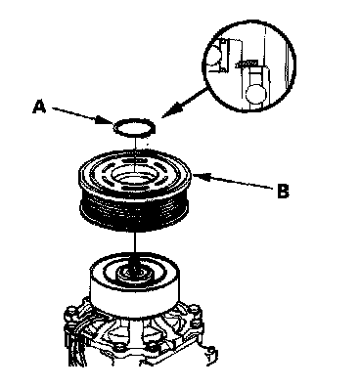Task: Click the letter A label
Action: (x=39, y=107)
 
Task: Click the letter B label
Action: (x=283, y=191)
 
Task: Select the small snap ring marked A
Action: (x=134, y=127)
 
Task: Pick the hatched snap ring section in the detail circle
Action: (x=247, y=64)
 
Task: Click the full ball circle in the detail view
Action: (x=256, y=94)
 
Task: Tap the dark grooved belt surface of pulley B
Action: (x=135, y=212)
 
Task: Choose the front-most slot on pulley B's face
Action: (x=133, y=190)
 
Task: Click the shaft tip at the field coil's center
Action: (x=134, y=271)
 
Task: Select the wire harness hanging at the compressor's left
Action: (x=74, y=345)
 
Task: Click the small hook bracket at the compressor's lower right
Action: (x=210, y=356)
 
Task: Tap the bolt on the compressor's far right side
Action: (x=195, y=310)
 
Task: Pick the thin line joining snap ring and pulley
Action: (x=134, y=153)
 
